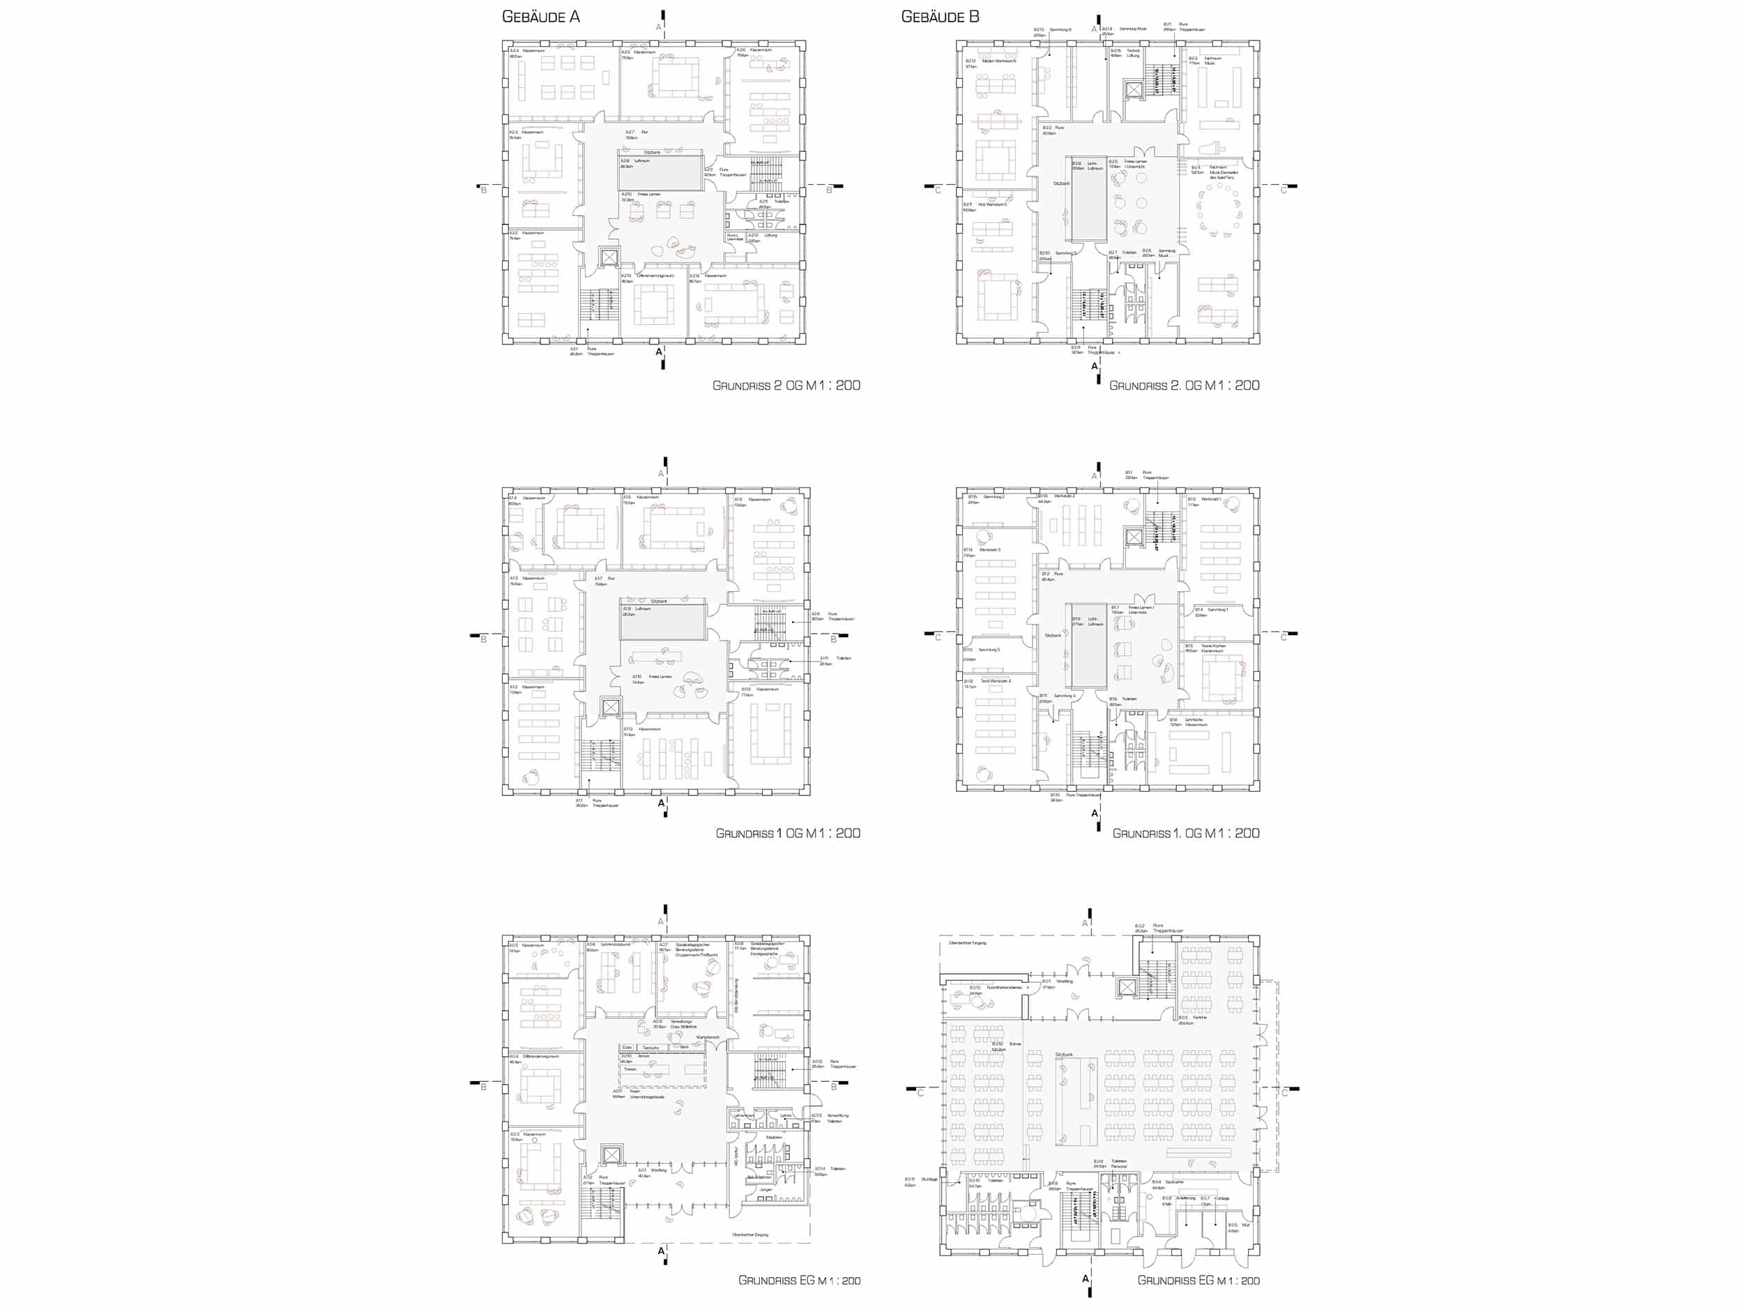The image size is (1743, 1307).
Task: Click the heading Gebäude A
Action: (540, 17)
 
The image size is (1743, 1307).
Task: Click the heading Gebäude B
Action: (940, 17)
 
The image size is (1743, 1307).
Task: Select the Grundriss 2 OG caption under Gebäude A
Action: (786, 385)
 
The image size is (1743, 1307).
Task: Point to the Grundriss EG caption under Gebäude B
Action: (1198, 1281)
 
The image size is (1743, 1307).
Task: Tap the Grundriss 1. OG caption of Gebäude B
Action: (1185, 833)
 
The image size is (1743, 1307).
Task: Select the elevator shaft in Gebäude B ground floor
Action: (1127, 988)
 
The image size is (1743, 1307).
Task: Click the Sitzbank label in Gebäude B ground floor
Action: (1064, 1054)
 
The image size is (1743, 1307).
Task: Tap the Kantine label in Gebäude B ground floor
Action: (1199, 1018)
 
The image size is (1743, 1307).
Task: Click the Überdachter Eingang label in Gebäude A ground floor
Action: (749, 1235)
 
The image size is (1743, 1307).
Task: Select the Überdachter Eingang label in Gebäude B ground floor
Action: (968, 943)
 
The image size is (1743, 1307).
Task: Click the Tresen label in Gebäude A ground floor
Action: (630, 1069)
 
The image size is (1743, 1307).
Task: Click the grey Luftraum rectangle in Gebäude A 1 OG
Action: (662, 622)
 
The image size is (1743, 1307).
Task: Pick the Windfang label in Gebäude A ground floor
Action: (659, 1170)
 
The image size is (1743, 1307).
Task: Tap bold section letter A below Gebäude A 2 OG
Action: (660, 352)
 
